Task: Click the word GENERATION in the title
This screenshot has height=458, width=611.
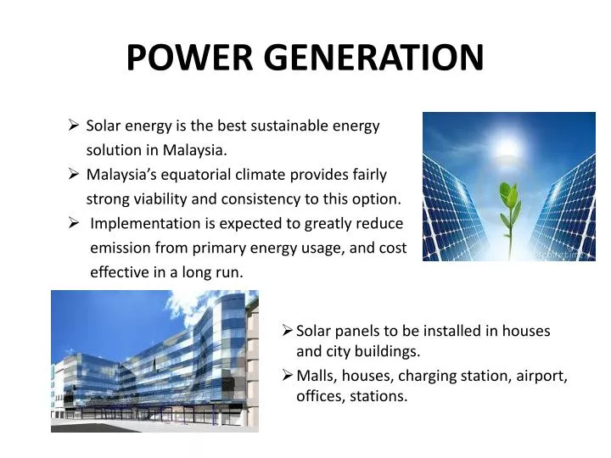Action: click(373, 58)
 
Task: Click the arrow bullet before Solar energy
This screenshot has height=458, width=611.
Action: click(74, 126)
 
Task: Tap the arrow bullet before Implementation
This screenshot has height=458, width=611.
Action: click(74, 224)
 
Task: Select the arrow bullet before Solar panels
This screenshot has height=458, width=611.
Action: click(288, 331)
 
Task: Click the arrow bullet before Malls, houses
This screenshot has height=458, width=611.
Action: click(288, 375)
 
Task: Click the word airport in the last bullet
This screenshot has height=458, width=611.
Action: click(541, 376)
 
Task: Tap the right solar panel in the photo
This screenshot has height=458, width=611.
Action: click(564, 204)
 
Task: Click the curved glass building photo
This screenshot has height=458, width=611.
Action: click(154, 360)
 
